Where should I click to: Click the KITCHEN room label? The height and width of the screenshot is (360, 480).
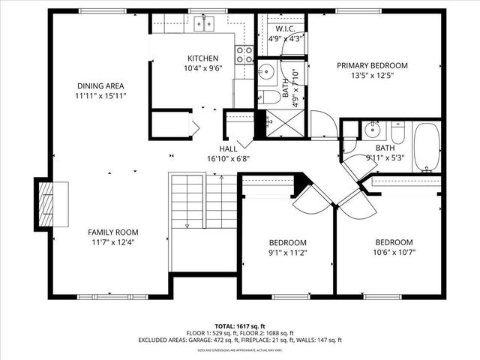coord(202,58)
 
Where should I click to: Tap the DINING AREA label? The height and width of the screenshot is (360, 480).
coord(100,85)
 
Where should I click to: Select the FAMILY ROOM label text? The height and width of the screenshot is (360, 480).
coord(112,232)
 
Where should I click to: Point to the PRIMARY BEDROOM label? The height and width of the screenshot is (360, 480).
coord(372,65)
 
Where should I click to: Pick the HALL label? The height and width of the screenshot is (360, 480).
coord(229,148)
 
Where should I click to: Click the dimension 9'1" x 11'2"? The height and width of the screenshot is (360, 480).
coord(288,253)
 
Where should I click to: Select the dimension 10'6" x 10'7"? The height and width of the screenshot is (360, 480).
coord(394,253)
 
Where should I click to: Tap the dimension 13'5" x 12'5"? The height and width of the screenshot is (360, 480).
coord(372,76)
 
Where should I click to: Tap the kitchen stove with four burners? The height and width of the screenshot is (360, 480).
coord(244,53)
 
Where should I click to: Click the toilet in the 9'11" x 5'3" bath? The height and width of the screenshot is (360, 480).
coord(398,134)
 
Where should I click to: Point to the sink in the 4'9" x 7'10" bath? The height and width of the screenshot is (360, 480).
coord(265,73)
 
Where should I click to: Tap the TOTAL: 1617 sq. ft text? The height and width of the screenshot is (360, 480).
coord(240,326)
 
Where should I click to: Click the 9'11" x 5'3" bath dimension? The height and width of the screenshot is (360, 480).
coord(385,157)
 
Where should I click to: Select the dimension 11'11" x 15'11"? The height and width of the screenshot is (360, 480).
coord(100,96)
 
